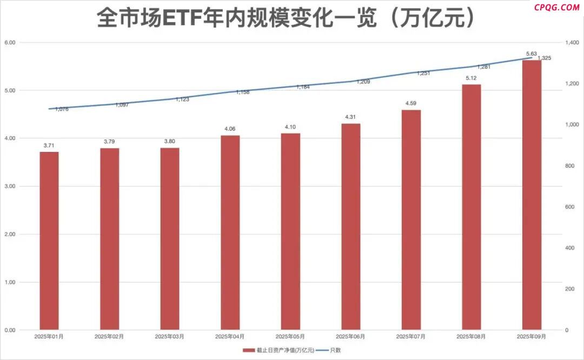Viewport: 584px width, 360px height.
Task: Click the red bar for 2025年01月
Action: tap(49, 241)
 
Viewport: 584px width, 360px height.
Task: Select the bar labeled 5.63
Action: tap(532, 195)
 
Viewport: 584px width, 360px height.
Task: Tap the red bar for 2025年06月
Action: tap(351, 226)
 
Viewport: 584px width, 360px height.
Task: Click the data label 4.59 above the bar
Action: tap(411, 103)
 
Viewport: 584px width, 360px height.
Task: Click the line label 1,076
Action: tap(62, 109)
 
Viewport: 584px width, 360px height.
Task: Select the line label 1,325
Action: tap(544, 58)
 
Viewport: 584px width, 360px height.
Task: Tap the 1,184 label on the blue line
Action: tap(303, 86)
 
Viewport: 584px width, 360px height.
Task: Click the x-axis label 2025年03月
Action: tap(169, 336)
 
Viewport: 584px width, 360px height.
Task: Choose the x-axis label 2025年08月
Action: tap(471, 336)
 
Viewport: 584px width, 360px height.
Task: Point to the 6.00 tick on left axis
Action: tap(10, 42)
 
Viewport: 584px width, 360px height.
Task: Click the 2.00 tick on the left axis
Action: tap(10, 234)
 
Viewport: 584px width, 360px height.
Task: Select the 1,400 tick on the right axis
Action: tap(572, 42)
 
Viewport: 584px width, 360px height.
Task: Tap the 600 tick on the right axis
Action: tap(569, 207)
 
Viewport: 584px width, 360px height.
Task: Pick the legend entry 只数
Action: tap(335, 350)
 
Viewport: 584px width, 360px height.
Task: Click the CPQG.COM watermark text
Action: tap(556, 7)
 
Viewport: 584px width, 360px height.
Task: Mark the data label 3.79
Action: tap(109, 142)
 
